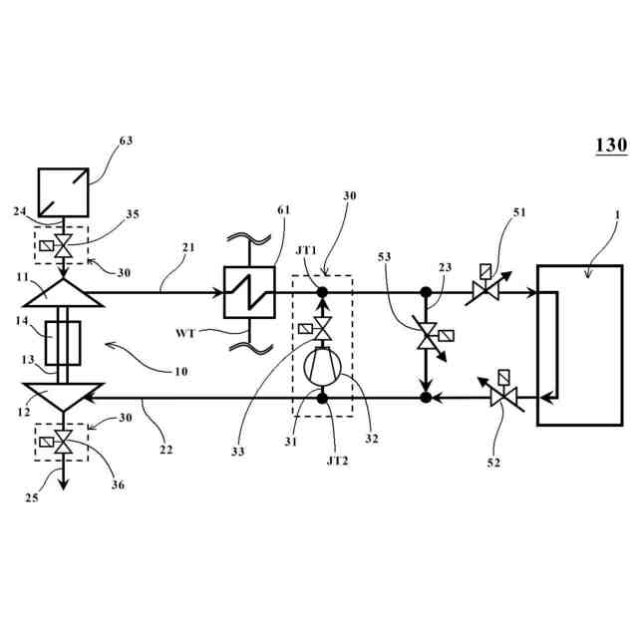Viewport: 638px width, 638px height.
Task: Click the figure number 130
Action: (x=611, y=146)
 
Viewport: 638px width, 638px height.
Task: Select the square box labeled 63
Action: (x=62, y=188)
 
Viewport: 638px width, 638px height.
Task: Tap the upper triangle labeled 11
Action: (x=62, y=292)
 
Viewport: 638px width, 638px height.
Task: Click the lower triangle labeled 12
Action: (x=62, y=398)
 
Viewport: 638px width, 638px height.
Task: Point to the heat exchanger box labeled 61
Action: (x=244, y=293)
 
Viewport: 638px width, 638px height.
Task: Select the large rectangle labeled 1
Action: (x=579, y=345)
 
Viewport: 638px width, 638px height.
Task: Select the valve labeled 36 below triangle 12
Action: (x=63, y=440)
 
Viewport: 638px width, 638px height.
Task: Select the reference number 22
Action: (x=165, y=449)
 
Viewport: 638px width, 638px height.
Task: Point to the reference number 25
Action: (x=33, y=496)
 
